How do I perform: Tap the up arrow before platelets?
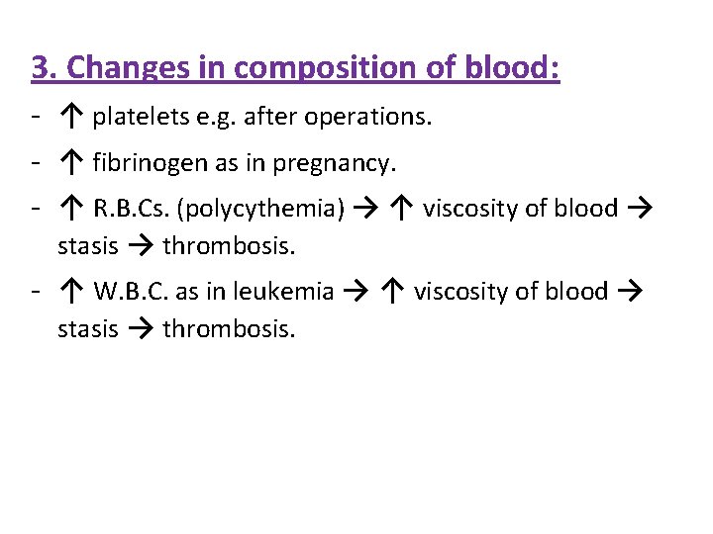[x=71, y=118]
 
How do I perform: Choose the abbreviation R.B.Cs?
[x=131, y=209]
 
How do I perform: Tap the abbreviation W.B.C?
[x=131, y=292]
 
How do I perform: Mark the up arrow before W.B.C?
[x=71, y=292]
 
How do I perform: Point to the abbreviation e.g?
[x=215, y=118]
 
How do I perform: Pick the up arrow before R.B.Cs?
[x=71, y=209]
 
